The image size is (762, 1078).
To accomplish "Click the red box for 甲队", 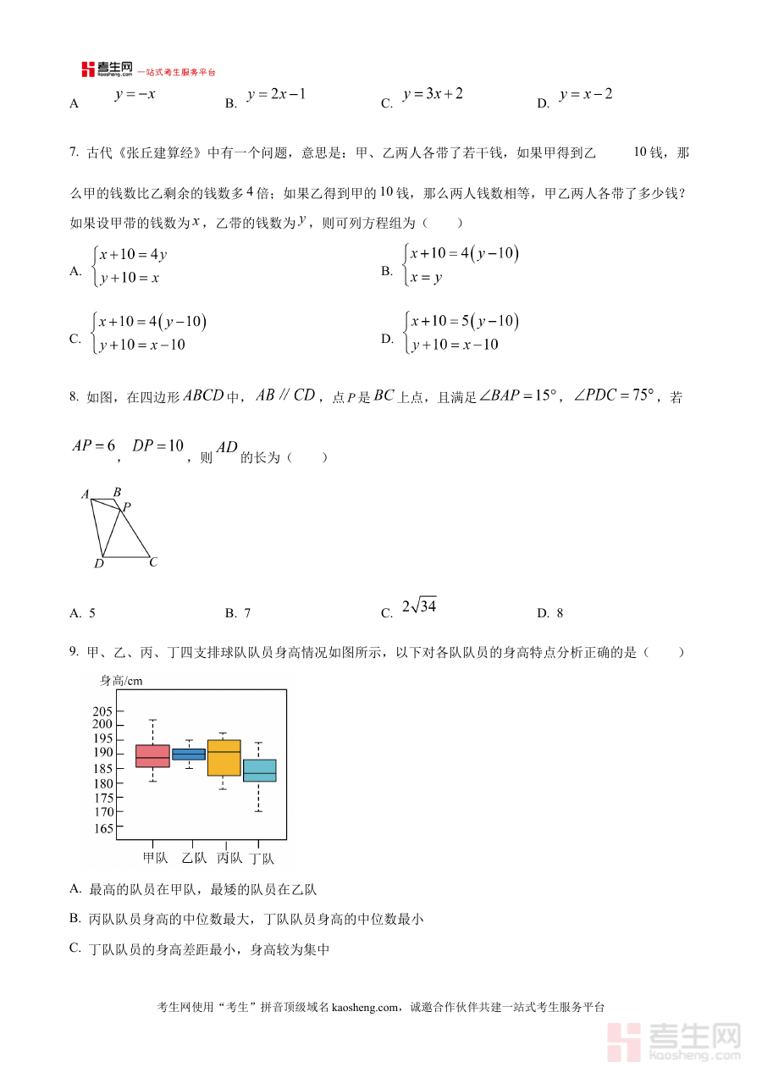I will pos(152,755).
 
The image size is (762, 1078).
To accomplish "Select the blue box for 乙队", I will pos(189,754).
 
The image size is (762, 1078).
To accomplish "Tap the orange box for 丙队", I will pos(224,758).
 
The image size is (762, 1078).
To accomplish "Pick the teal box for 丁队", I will pos(259,771).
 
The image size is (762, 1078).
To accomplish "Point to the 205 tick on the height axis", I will pos(102,711).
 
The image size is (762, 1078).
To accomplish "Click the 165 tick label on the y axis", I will pos(102,828).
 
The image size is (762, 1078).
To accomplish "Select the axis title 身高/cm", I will pos(122,681).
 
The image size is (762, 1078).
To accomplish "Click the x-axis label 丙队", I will pos(229,858).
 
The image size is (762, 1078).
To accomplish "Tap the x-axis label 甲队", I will pos(156,858).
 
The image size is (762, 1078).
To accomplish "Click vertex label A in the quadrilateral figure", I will pos(86,495).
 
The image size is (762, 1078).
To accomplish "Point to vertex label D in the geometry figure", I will pos(98,564).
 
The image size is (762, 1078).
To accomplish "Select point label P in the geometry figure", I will pos(126,507).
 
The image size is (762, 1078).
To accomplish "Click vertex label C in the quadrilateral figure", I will pos(153,561).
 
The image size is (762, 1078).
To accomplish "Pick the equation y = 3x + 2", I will pos(433,94).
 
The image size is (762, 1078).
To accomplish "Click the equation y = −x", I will pos(135,94).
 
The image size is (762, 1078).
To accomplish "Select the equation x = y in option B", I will pos(426,277).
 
